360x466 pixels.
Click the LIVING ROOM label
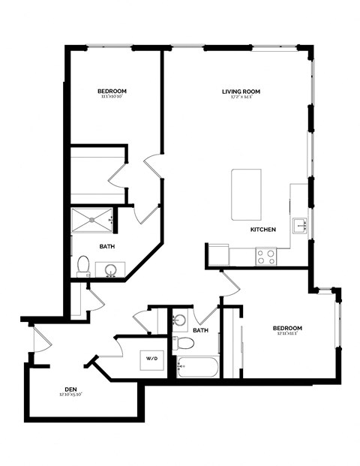click(x=241, y=92)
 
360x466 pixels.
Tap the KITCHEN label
click(x=263, y=229)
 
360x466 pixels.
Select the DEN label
click(x=70, y=389)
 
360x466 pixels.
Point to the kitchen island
click(x=246, y=194)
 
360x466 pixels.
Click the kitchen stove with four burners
click(x=265, y=257)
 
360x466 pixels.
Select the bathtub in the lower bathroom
click(x=197, y=368)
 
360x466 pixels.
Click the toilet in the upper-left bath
click(x=83, y=265)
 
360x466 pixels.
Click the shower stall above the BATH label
click(x=92, y=221)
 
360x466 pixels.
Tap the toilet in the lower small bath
click(x=184, y=344)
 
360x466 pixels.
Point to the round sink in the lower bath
click(x=178, y=320)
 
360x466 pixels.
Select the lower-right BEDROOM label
click(x=287, y=329)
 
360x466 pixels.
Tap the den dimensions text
click(x=70, y=395)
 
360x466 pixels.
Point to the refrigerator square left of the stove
click(x=218, y=255)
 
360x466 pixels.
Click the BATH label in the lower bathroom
click(x=200, y=330)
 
